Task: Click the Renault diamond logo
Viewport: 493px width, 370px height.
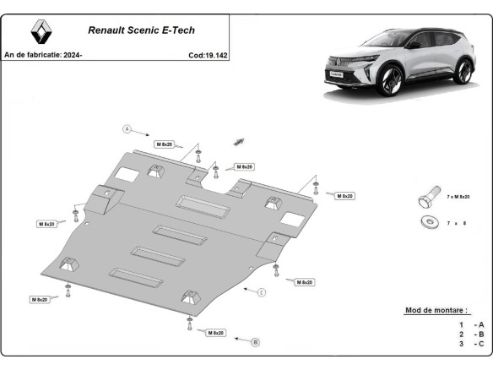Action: tap(41, 33)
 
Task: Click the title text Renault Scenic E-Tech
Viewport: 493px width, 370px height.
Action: tap(141, 30)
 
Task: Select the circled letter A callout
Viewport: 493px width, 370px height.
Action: tap(127, 129)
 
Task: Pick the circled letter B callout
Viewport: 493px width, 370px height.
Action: tap(256, 342)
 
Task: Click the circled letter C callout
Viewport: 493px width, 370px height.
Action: tap(262, 292)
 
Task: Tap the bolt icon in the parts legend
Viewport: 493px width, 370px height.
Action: tap(426, 199)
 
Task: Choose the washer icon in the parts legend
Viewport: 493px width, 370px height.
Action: tap(426, 223)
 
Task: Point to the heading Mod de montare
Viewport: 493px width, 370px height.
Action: tap(437, 311)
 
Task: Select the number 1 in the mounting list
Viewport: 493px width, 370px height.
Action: tap(461, 324)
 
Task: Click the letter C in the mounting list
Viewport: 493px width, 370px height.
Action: tap(481, 345)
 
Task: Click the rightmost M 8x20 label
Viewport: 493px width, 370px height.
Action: tap(344, 196)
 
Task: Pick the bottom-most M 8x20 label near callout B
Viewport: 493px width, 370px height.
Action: tap(216, 333)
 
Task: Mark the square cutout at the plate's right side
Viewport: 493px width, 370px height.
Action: tap(295, 218)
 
